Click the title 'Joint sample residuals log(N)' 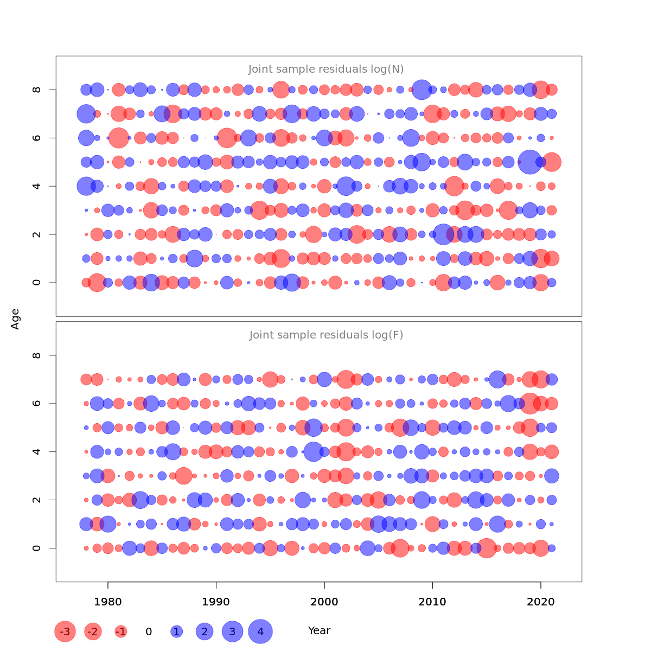[x=326, y=69]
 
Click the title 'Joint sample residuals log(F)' [x=326, y=335]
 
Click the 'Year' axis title [x=319, y=631]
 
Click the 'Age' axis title [x=16, y=319]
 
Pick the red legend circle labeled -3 [x=65, y=631]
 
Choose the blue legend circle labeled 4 [x=260, y=631]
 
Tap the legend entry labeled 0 [x=149, y=631]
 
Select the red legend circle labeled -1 [x=121, y=631]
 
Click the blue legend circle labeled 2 [x=205, y=631]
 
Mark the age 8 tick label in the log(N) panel [x=37, y=90]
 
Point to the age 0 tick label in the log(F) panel [x=37, y=548]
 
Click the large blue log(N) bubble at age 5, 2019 [x=530, y=162]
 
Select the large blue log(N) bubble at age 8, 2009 [x=422, y=90]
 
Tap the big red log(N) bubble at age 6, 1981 [x=119, y=138]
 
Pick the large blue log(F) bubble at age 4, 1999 [x=314, y=451]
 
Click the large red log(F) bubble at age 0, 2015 [x=487, y=548]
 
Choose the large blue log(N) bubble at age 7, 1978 [x=86, y=114]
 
